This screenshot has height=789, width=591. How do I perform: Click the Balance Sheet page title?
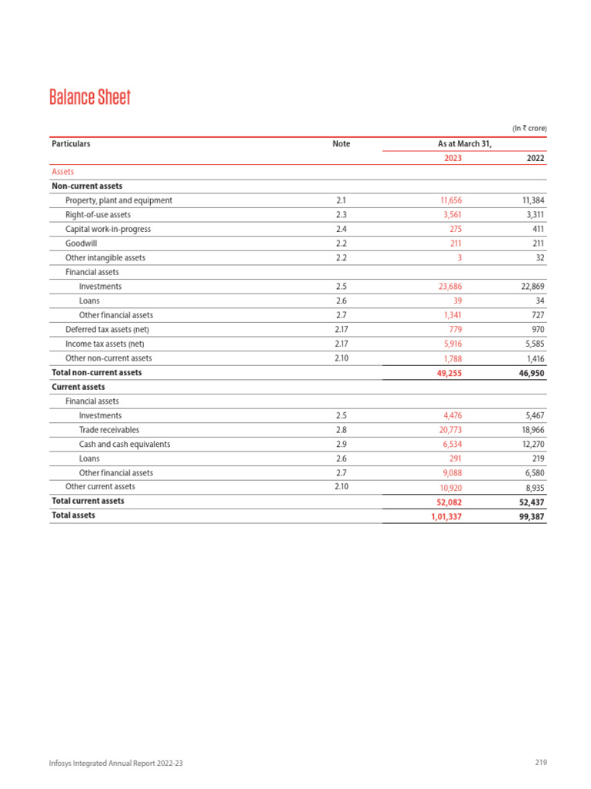89,98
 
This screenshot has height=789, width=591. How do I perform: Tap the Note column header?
341,144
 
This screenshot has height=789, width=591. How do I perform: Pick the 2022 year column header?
535,158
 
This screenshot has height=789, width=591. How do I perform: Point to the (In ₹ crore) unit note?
529,128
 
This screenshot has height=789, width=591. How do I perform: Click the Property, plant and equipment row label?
119,200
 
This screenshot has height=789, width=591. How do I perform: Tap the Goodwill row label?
82,243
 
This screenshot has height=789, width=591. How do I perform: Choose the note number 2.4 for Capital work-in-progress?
341,229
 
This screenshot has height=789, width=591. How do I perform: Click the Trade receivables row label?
109,430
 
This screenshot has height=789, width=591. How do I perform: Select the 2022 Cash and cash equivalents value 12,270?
530,445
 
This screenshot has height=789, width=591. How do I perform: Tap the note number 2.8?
341,430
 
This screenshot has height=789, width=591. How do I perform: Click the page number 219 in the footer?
540,763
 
